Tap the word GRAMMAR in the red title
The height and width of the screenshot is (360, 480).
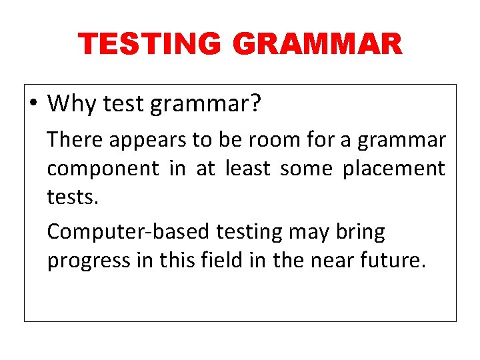[x=317, y=45]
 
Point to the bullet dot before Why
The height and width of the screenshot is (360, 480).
[x=33, y=104]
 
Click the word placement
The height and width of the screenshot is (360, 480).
[x=393, y=169]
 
